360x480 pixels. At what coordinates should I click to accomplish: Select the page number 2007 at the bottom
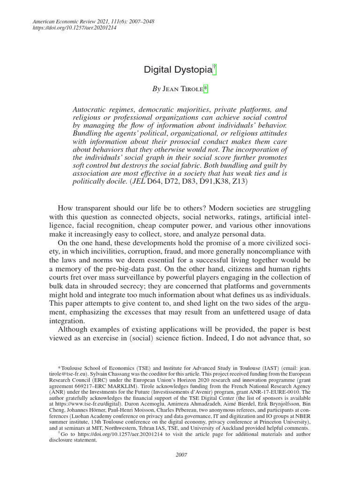click(x=181, y=454)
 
